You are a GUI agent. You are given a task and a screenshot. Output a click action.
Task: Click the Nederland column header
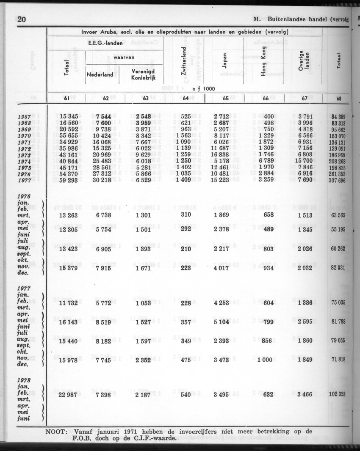[x=100, y=75]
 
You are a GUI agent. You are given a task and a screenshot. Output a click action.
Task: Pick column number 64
[x=185, y=99]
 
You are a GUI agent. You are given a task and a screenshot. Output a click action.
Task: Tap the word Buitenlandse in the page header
[x=292, y=19]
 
